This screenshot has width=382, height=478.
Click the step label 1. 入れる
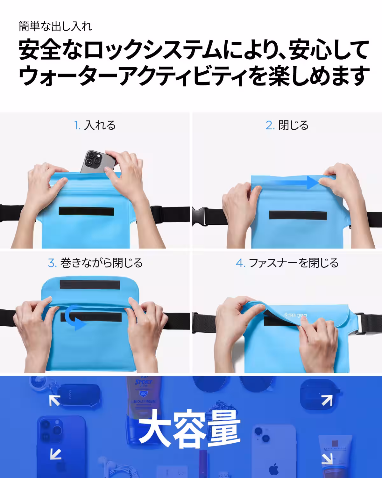(x=95, y=125)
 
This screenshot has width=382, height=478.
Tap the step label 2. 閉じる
(x=287, y=125)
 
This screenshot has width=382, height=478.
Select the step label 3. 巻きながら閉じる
(x=95, y=263)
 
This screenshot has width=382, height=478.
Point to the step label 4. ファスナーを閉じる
(x=287, y=263)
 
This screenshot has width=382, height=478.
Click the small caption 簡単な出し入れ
(x=55, y=26)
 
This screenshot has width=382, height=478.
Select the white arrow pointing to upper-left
(x=55, y=400)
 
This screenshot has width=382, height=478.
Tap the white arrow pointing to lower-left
(x=55, y=453)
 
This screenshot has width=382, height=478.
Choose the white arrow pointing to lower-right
(x=327, y=459)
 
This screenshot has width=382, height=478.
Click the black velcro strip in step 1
(x=87, y=212)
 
